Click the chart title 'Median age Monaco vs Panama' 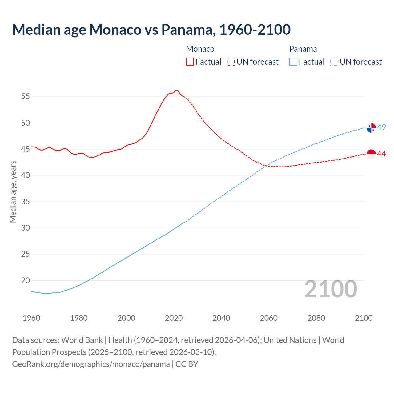click(x=151, y=30)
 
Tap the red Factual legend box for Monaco click(x=190, y=62)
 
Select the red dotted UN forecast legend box click(x=231, y=62)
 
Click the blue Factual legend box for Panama click(x=293, y=62)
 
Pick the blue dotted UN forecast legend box click(x=334, y=62)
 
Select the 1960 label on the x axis click(x=31, y=318)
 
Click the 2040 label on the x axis click(x=221, y=318)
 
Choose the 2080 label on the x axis click(x=316, y=318)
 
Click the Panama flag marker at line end click(x=372, y=127)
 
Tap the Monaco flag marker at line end click(x=372, y=154)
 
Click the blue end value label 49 click(x=382, y=127)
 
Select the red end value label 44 click(x=382, y=154)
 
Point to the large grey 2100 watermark click(x=331, y=289)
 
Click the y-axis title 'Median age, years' click(x=13, y=191)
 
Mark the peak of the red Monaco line click(x=176, y=90)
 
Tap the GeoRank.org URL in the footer click(x=91, y=364)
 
